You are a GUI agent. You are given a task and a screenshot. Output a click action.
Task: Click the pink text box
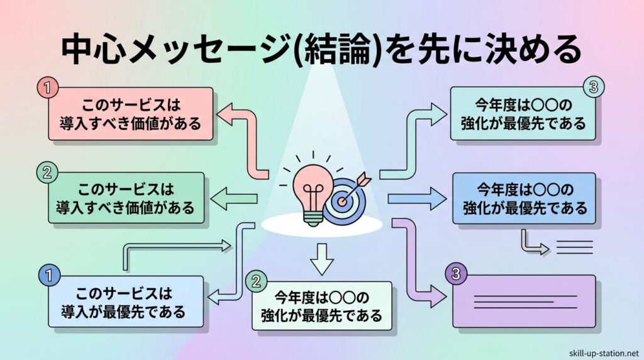130,114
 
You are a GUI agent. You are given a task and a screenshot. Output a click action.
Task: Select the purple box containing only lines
523,301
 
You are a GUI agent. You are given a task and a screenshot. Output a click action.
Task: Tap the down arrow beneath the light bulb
321,258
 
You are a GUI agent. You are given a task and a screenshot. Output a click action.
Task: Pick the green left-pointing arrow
233,200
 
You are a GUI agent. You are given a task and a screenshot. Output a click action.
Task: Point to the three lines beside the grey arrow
574,247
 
